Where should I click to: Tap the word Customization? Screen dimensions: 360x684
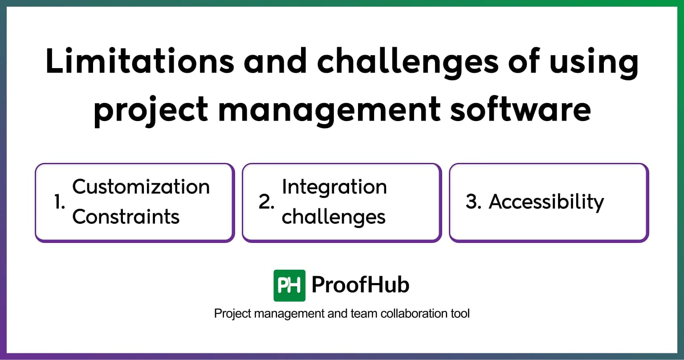[x=141, y=187]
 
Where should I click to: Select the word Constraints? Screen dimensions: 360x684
[x=126, y=217]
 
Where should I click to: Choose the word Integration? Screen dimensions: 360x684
[x=334, y=187]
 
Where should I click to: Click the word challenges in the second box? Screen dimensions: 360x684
[x=334, y=217]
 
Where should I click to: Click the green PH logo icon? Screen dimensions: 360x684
[x=289, y=285]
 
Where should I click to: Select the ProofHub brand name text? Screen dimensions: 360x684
[x=360, y=285]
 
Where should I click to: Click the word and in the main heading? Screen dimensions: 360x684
[x=275, y=62]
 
